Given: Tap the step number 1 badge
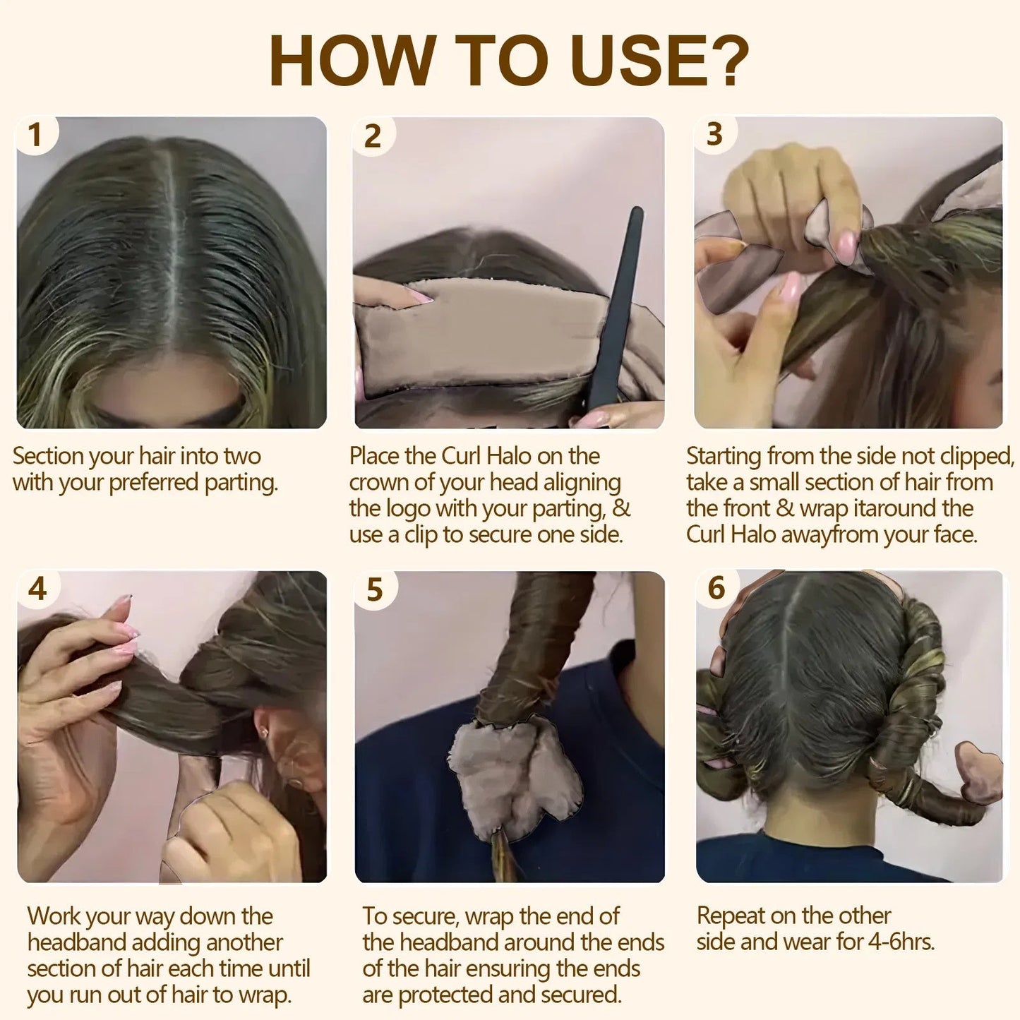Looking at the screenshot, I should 35,134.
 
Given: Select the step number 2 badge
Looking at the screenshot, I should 373,136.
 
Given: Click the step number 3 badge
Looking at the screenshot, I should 714,134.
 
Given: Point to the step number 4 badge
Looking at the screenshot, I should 37,588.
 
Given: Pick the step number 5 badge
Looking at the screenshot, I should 374,589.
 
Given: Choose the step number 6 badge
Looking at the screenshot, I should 716,587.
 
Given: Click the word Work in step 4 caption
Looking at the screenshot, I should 54,916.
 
